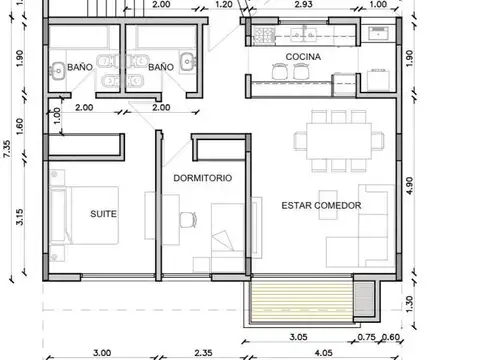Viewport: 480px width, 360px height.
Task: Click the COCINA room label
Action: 303,57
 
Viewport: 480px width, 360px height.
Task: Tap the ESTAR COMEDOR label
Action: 321,205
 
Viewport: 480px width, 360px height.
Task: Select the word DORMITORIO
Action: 203,178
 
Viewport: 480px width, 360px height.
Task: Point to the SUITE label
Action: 103,214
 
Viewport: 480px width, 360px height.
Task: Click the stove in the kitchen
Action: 264,35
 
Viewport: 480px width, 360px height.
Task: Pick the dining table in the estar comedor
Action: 339,141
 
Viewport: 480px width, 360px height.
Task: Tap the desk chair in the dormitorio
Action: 188,220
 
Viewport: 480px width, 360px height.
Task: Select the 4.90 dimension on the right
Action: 409,185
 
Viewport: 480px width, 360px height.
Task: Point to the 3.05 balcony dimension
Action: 298,337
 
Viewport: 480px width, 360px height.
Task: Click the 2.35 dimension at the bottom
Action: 203,353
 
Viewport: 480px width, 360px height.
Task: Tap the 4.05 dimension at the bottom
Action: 323,353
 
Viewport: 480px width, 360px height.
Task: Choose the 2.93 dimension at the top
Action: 303,4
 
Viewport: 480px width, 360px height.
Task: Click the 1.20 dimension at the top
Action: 224,4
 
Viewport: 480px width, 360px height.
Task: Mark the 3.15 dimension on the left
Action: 20,217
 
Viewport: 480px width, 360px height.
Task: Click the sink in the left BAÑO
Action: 58,71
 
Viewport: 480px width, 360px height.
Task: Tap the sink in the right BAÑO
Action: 188,61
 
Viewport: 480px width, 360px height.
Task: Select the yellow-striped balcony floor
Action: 301,302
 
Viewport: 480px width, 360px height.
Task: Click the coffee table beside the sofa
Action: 328,205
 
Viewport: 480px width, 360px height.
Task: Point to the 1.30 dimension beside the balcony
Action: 409,304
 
